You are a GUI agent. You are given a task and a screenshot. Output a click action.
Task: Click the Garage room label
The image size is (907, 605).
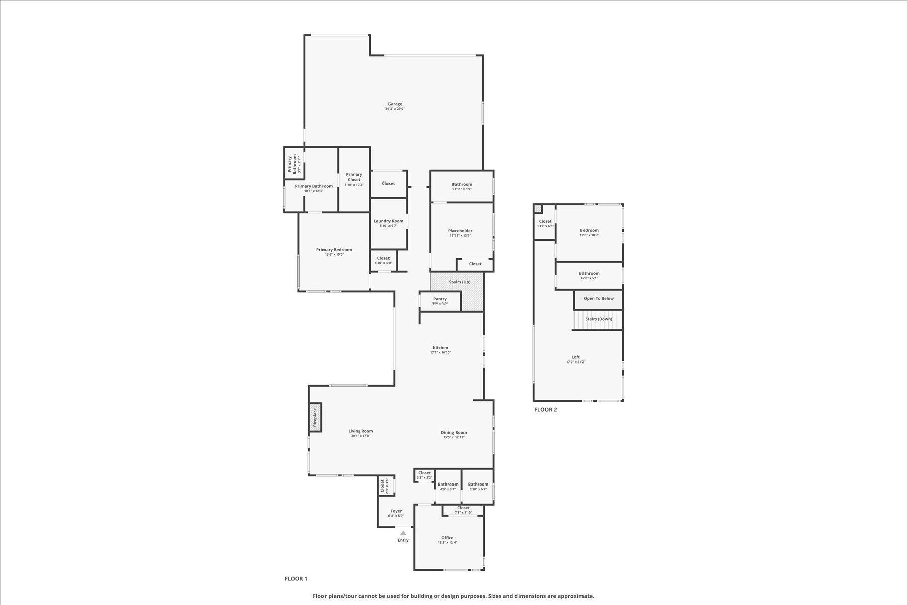(x=395, y=104)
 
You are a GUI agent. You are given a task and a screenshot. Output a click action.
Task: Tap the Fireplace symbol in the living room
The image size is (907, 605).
(x=315, y=417)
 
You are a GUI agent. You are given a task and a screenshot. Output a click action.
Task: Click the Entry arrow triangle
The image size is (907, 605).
(x=403, y=533)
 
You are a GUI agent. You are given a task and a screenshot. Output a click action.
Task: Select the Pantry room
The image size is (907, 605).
(x=440, y=301)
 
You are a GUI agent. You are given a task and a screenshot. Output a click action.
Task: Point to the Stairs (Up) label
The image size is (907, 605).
(x=460, y=282)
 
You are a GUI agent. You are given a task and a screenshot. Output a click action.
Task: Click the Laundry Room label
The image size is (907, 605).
(x=388, y=221)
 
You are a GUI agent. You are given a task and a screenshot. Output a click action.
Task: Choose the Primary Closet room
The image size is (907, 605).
(x=354, y=179)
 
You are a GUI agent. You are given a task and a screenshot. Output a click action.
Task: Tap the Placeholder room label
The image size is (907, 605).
(x=460, y=231)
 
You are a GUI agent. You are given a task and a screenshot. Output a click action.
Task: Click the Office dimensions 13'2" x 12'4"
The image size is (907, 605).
(x=447, y=543)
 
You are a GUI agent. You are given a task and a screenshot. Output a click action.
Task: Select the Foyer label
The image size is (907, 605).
(x=396, y=511)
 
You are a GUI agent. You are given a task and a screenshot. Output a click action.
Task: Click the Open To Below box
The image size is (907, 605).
(x=599, y=299)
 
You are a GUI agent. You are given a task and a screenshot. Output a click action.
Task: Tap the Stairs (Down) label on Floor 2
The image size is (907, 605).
(x=599, y=319)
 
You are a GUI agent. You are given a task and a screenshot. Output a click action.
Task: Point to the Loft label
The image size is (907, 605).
(x=575, y=357)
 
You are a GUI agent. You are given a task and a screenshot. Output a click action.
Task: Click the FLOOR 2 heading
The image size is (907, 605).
(x=545, y=410)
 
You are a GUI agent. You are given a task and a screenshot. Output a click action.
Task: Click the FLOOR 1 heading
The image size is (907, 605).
(x=296, y=579)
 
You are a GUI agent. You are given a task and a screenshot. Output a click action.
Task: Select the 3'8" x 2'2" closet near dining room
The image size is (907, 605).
(x=424, y=475)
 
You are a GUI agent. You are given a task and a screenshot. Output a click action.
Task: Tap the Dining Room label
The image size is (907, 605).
(x=454, y=432)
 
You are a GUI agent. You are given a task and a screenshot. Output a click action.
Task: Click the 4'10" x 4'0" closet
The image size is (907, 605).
(x=383, y=260)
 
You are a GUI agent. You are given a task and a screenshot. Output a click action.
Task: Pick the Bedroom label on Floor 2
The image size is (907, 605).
(x=589, y=230)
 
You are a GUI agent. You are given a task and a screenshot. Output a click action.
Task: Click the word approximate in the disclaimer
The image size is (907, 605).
(x=577, y=596)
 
